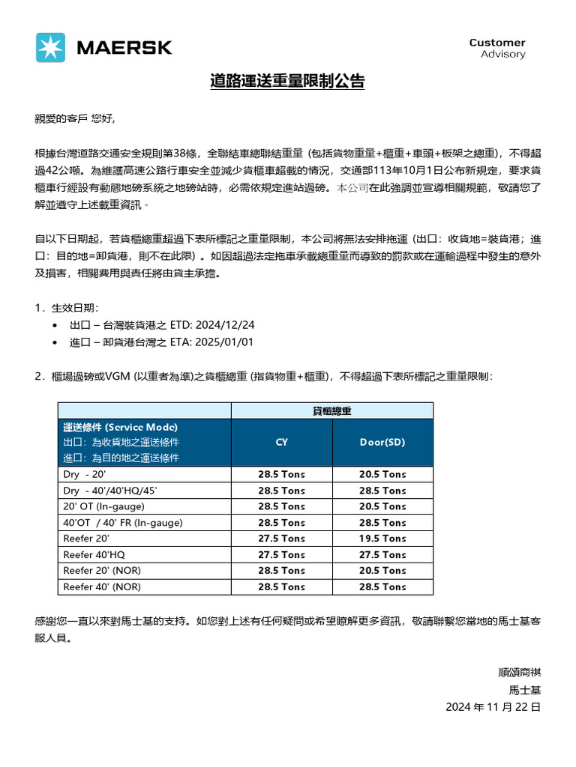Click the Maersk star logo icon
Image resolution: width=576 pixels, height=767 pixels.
pyautogui.click(x=51, y=47)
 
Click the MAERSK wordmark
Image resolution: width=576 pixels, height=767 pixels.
pyautogui.click(x=124, y=48)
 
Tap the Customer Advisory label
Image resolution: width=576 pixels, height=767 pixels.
pyautogui.click(x=497, y=48)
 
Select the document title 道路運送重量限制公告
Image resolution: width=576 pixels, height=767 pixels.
pyautogui.click(x=287, y=82)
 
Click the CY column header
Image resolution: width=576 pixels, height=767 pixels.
pyautogui.click(x=281, y=442)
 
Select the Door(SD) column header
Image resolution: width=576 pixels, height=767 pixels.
pyautogui.click(x=382, y=442)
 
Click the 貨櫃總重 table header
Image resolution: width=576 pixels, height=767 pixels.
pyautogui.click(x=332, y=410)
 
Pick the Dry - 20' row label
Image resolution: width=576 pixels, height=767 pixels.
pyautogui.click(x=86, y=474)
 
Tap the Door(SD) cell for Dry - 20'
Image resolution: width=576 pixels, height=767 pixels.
pyautogui.click(x=382, y=474)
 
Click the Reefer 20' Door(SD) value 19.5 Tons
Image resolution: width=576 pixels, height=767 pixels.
pyautogui.click(x=382, y=539)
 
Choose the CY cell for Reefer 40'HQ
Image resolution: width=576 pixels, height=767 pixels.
pyautogui.click(x=281, y=555)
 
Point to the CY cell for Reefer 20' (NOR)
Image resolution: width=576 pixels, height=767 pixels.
pyautogui.click(x=281, y=571)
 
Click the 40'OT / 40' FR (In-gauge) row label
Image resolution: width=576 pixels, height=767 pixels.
pyautogui.click(x=123, y=522)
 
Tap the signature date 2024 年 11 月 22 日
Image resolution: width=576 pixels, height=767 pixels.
pyautogui.click(x=493, y=707)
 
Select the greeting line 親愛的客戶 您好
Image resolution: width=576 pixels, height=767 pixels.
pyautogui.click(x=76, y=118)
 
